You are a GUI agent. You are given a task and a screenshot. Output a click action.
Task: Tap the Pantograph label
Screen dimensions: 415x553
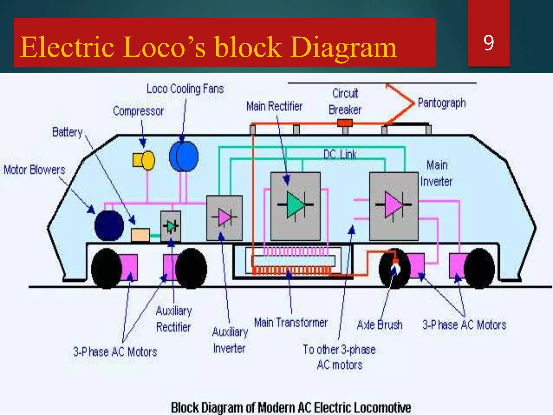point(442,103)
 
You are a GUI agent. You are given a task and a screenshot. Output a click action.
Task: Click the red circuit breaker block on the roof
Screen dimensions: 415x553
point(345,123)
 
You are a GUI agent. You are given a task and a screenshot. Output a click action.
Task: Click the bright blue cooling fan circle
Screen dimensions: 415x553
point(184,156)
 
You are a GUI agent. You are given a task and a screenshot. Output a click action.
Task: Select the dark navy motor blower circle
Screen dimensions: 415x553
point(109,226)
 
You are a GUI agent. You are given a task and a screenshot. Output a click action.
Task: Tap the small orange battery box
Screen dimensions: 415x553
point(140,235)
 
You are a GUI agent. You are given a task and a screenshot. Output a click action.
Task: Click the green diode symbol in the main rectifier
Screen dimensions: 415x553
point(295,205)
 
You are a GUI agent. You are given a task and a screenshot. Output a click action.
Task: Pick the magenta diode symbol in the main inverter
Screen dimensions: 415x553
point(393,205)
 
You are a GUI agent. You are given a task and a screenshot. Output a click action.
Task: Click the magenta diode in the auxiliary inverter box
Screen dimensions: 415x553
point(224,217)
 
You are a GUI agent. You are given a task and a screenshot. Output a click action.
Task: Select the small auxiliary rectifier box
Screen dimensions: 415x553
point(171,226)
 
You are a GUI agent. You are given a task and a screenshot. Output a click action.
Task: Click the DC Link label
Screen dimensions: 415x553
point(340,155)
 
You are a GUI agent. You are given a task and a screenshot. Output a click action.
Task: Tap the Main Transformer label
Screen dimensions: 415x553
point(291,323)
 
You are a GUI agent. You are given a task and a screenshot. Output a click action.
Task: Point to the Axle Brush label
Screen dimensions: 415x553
point(380,325)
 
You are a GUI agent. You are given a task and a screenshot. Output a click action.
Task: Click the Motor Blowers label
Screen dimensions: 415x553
point(35,170)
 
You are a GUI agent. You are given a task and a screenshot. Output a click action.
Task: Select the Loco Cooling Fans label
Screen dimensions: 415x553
point(185,89)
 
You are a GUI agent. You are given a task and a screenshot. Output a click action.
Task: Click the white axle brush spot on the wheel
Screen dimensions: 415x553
point(396,269)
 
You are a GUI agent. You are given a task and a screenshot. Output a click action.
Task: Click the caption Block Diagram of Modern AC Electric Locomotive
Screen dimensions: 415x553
point(291,408)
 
